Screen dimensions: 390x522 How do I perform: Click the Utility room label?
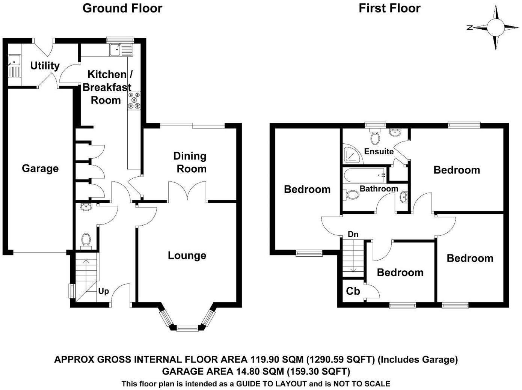pos(45,66)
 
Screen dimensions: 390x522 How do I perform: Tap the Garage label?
pos(40,169)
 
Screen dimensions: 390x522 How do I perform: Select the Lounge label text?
pos(187,256)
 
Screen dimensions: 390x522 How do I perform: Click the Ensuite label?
pos(379,151)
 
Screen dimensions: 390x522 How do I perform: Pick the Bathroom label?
pos(379,188)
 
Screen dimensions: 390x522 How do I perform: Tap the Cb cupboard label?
pos(353,291)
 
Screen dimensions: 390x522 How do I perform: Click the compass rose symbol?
pos(495,27)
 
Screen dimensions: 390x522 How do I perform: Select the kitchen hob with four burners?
pos(134,101)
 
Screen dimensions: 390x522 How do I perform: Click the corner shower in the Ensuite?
pos(352,154)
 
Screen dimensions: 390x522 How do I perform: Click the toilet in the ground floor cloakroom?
pos(86,241)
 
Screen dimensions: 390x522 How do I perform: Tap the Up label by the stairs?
pos(103,291)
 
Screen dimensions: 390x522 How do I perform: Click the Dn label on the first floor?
pos(353,234)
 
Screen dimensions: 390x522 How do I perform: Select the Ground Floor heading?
pos(122,8)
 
